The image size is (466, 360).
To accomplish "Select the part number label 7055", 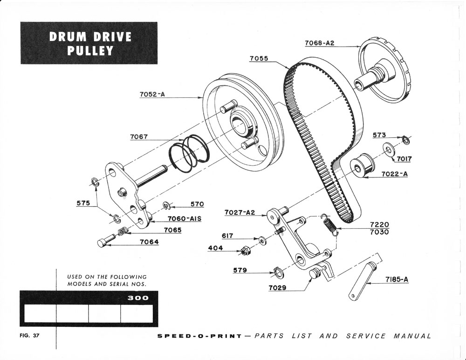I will pyautogui.click(x=259, y=58).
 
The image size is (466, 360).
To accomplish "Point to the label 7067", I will pyautogui.click(x=139, y=137).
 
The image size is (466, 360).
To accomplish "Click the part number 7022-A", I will pyautogui.click(x=395, y=174).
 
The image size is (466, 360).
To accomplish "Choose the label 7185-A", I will pyautogui.click(x=397, y=279).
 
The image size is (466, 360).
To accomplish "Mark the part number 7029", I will pyautogui.click(x=277, y=288).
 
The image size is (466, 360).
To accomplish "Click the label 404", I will pyautogui.click(x=215, y=248).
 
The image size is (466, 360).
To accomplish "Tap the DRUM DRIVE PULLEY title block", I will pyautogui.click(x=89, y=43).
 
